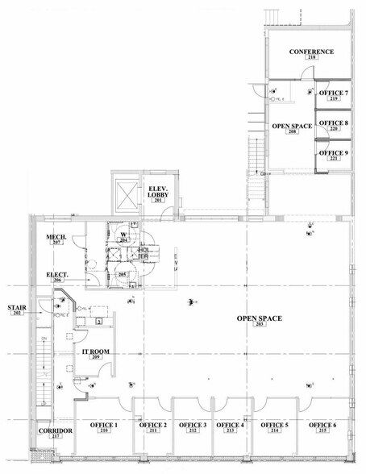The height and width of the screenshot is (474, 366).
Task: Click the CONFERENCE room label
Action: pyautogui.click(x=311, y=52)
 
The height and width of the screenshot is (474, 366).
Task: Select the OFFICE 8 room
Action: pyautogui.click(x=334, y=124)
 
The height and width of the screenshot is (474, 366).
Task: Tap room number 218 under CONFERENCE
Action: pyautogui.click(x=311, y=59)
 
